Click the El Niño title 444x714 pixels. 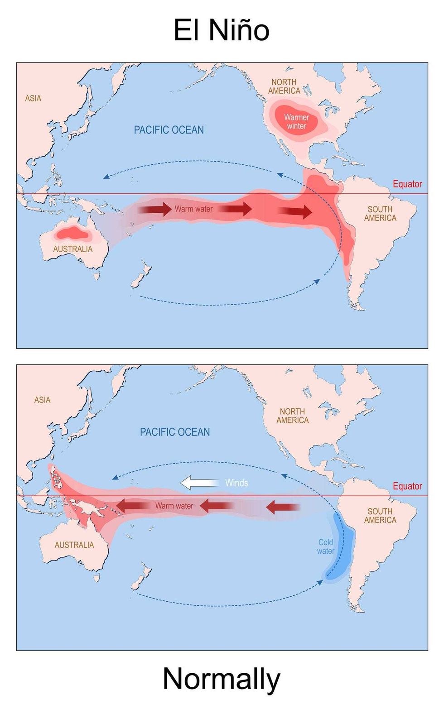[222, 31]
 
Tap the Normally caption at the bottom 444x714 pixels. [222, 679]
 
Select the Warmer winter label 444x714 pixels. [296, 122]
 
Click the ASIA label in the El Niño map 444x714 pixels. [33, 98]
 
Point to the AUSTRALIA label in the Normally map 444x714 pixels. [74, 545]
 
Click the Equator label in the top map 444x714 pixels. [407, 184]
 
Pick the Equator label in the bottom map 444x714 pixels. [407, 486]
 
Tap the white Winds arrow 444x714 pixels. [199, 483]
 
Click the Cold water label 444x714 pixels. [326, 546]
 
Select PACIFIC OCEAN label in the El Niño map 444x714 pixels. [169, 130]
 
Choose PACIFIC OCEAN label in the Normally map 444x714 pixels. [175, 432]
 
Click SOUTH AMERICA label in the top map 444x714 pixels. [380, 214]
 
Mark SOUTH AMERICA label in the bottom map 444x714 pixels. [380, 516]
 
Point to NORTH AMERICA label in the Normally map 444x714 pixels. [293, 416]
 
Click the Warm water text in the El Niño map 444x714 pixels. [193, 209]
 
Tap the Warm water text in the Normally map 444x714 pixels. [174, 506]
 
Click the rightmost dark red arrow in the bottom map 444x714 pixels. [283, 507]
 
